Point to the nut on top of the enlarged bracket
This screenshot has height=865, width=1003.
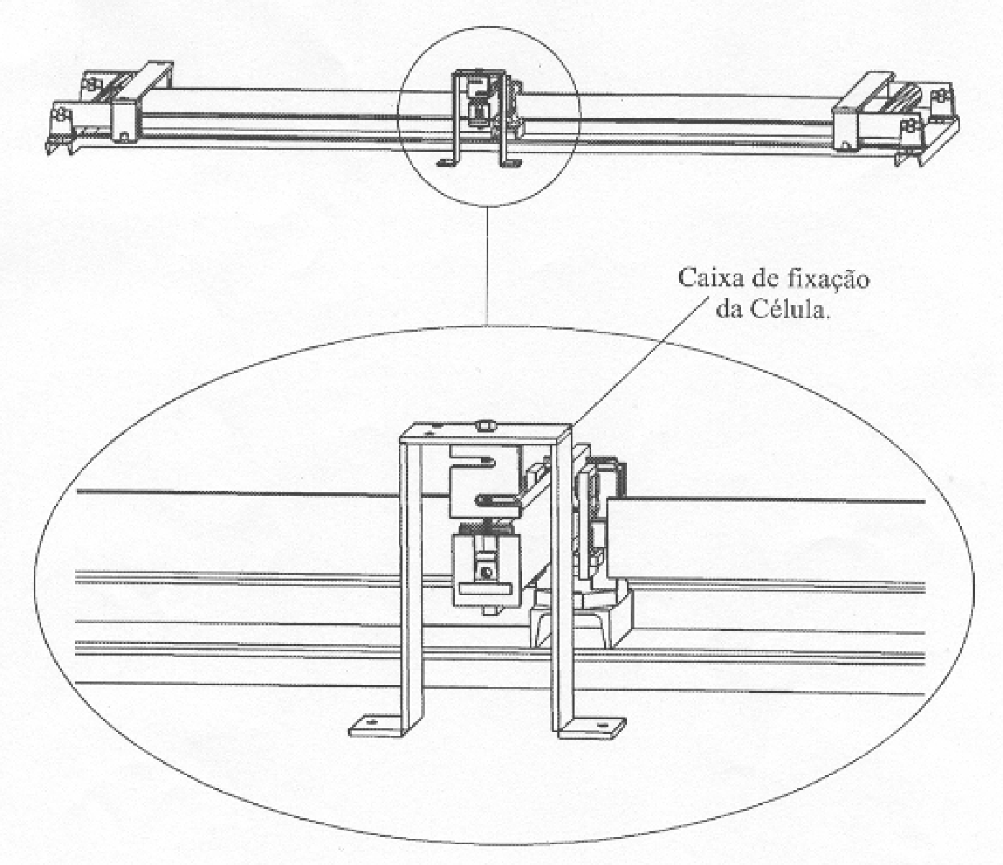tap(485, 425)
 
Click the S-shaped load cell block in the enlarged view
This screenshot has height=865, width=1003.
tap(485, 481)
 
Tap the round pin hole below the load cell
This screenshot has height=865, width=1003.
tap(486, 573)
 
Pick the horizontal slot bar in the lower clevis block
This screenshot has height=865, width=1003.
tap(486, 589)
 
